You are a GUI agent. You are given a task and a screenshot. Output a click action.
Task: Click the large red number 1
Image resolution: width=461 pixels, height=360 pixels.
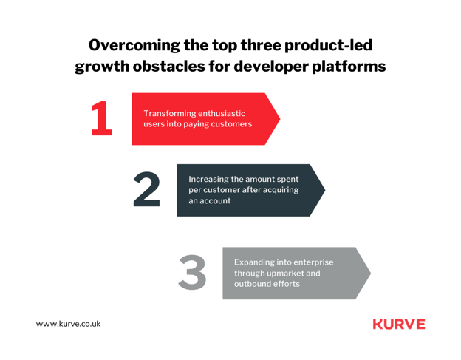click(101, 118)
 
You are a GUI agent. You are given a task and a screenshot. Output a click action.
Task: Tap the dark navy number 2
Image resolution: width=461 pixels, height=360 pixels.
click(147, 189)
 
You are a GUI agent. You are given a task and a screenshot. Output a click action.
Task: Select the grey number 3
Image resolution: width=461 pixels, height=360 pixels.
click(192, 272)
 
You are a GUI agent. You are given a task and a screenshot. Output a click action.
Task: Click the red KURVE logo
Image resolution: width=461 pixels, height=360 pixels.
click(399, 324)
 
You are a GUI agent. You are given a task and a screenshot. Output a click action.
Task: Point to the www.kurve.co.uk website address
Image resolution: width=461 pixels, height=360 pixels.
click(68, 324)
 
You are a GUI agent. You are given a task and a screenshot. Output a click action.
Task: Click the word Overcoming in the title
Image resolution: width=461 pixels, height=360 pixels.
click(134, 46)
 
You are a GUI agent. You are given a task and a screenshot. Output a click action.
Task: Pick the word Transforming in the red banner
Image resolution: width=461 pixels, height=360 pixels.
click(167, 114)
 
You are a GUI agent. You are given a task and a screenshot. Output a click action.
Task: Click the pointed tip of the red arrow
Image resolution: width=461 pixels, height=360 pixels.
click(280, 119)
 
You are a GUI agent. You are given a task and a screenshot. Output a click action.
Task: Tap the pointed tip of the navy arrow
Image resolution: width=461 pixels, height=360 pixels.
click(325, 190)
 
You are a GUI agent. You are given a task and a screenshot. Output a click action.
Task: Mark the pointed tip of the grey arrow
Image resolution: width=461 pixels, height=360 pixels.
click(371, 274)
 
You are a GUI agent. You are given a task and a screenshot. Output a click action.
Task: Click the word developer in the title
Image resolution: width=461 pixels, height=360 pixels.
click(271, 67)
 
